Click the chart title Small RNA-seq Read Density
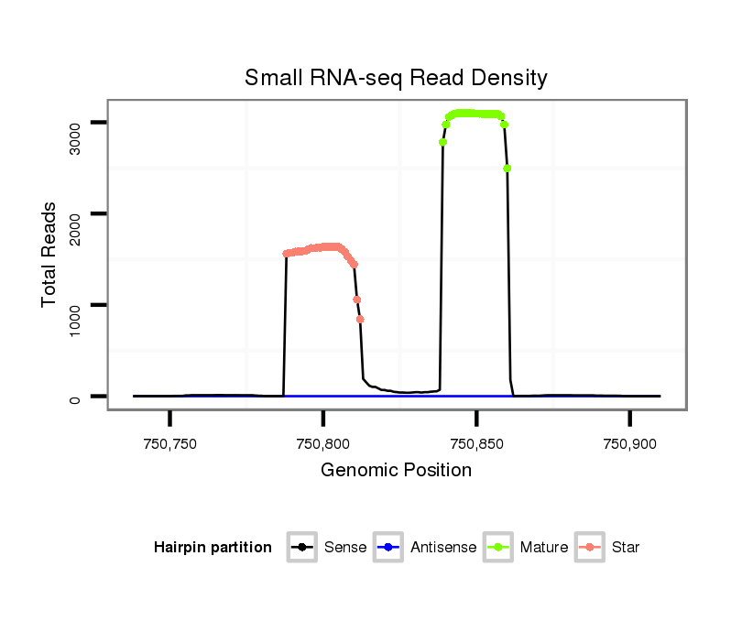[396, 78]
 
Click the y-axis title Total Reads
[51, 255]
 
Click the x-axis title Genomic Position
[396, 471]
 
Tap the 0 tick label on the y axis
[74, 397]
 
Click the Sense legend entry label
[345, 548]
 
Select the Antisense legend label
[443, 548]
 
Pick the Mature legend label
[544, 548]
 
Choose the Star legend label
[626, 548]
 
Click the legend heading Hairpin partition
[213, 548]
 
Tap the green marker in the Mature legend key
[498, 548]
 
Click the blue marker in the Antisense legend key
[388, 548]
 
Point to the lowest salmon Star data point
[360, 320]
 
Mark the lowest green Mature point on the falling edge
[507, 168]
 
